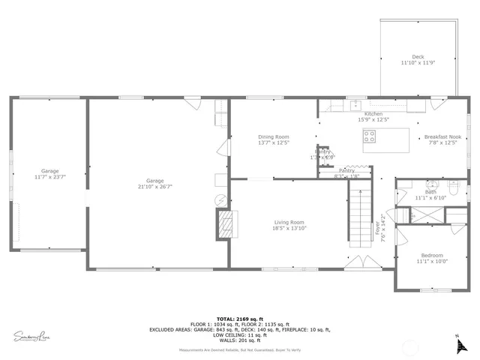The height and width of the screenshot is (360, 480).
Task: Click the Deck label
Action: (x=418, y=57)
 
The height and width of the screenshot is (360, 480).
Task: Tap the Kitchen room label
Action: (x=373, y=114)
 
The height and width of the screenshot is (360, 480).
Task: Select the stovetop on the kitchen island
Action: (x=370, y=136)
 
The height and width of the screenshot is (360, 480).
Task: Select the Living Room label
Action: (x=289, y=222)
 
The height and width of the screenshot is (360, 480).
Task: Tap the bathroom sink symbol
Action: (x=431, y=184)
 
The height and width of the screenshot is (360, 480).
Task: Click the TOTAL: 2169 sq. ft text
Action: (x=239, y=319)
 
